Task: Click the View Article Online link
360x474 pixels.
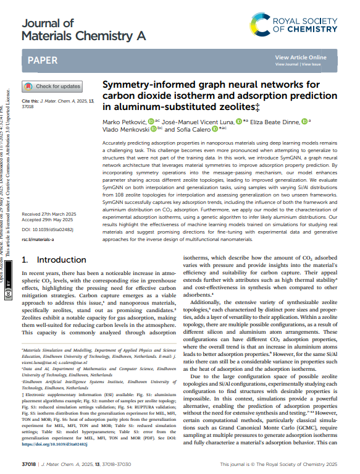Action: pos(301,57)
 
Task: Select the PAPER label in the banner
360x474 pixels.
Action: pos(43,61)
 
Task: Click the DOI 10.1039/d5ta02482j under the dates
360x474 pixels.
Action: pos(48,229)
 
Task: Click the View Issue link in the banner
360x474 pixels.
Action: pos(312,64)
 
